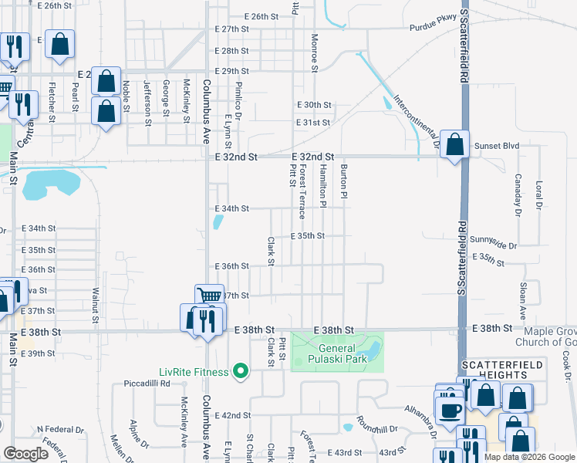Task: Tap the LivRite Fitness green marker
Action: [x=241, y=372]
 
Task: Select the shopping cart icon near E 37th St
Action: [x=209, y=296]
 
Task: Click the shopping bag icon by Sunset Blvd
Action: [x=455, y=144]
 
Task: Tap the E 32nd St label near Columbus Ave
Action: [x=235, y=157]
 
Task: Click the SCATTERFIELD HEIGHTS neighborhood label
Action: [x=502, y=370]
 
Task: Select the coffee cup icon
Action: [x=449, y=408]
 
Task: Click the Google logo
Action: [x=26, y=453]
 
